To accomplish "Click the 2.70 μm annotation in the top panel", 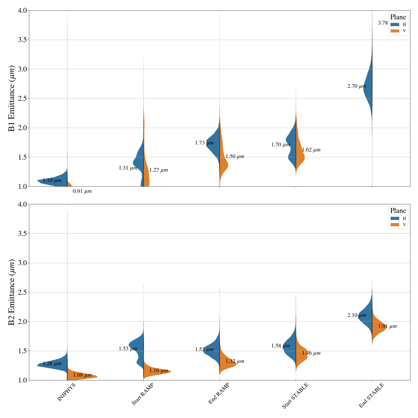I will (x=357, y=86).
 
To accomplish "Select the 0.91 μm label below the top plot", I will (x=82, y=191).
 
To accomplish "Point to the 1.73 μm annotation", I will (x=204, y=143).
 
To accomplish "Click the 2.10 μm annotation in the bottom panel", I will (x=357, y=315).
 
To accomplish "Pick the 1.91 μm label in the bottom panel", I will (x=387, y=326).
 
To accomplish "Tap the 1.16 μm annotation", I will (x=159, y=371).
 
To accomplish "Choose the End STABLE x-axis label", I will (x=371, y=395).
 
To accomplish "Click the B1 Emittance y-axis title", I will (x=12, y=98).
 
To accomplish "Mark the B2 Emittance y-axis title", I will (x=12, y=292).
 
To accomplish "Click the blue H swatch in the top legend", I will (x=395, y=25).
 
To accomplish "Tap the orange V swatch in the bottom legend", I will (x=395, y=225).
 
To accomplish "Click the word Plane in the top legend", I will (x=398, y=17).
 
